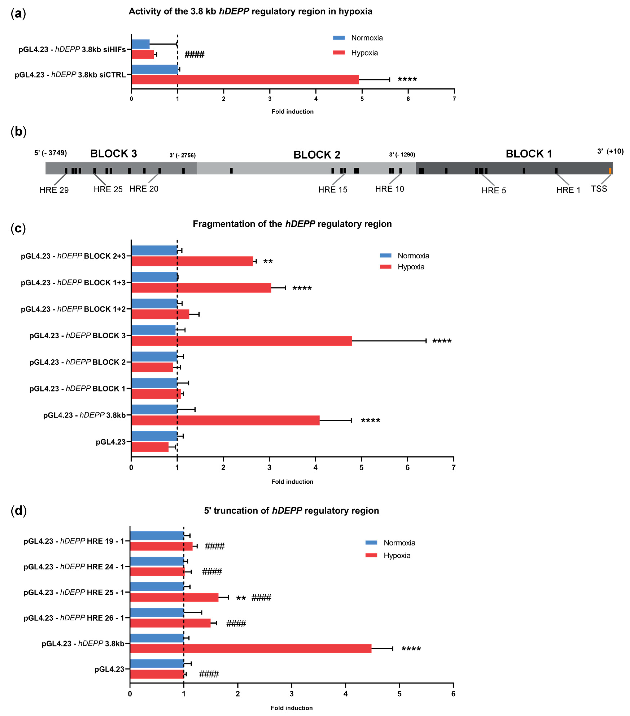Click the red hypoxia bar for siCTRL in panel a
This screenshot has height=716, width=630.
click(245, 79)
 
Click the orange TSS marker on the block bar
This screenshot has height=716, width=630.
click(610, 171)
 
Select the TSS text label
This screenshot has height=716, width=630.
click(599, 189)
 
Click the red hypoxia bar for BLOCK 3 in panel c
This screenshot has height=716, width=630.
click(242, 341)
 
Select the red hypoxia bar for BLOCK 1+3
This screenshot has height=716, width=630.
click(201, 288)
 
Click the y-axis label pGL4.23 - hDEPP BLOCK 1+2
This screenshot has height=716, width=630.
click(73, 309)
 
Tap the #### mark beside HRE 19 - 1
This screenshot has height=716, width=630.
click(215, 546)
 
